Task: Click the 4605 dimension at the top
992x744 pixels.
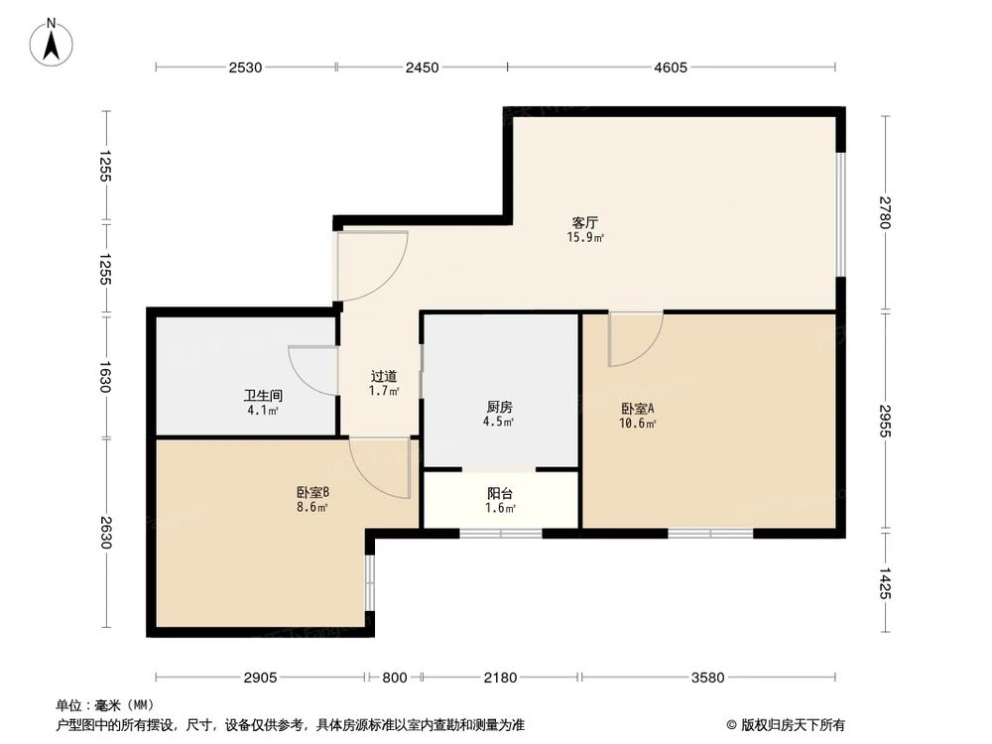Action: point(671,67)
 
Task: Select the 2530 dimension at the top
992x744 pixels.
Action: point(244,67)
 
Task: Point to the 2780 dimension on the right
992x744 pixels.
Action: point(885,212)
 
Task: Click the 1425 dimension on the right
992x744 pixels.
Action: point(885,582)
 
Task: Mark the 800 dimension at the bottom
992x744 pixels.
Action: point(394,678)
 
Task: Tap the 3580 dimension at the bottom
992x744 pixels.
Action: point(708,678)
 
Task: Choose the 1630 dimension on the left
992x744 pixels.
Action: point(105,376)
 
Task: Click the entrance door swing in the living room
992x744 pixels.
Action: point(371,265)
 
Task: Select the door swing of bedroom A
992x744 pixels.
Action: point(635,338)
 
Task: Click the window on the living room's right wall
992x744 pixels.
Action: point(839,212)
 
